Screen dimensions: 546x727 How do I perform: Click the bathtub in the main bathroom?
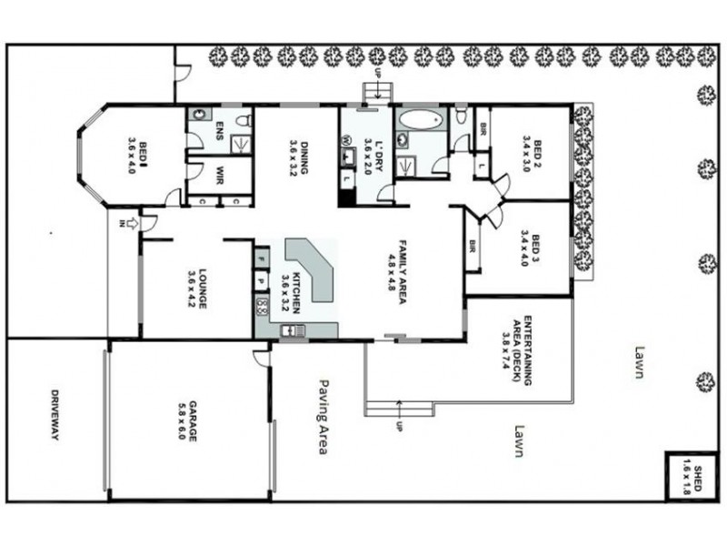420,120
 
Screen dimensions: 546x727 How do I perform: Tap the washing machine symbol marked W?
347,140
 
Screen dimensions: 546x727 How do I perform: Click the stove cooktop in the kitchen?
262,305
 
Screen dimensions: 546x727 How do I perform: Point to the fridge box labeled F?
261,258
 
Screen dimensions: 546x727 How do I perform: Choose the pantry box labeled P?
261,281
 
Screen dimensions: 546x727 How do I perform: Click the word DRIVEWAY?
55,416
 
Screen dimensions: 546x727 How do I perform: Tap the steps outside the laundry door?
376,92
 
